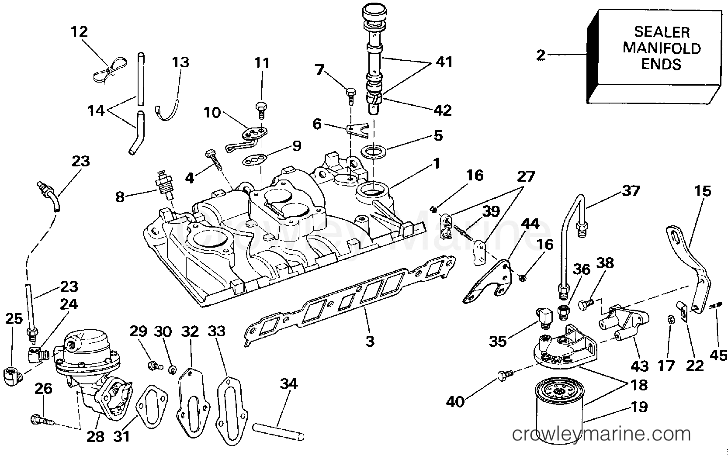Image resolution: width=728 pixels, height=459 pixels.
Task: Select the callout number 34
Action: (288, 384)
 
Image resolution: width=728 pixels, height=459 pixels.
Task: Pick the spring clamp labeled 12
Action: (109, 70)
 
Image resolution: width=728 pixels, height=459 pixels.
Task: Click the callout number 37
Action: (630, 191)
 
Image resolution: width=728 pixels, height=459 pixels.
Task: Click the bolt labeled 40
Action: (504, 375)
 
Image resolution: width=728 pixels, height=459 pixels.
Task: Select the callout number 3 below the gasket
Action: (370, 341)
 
